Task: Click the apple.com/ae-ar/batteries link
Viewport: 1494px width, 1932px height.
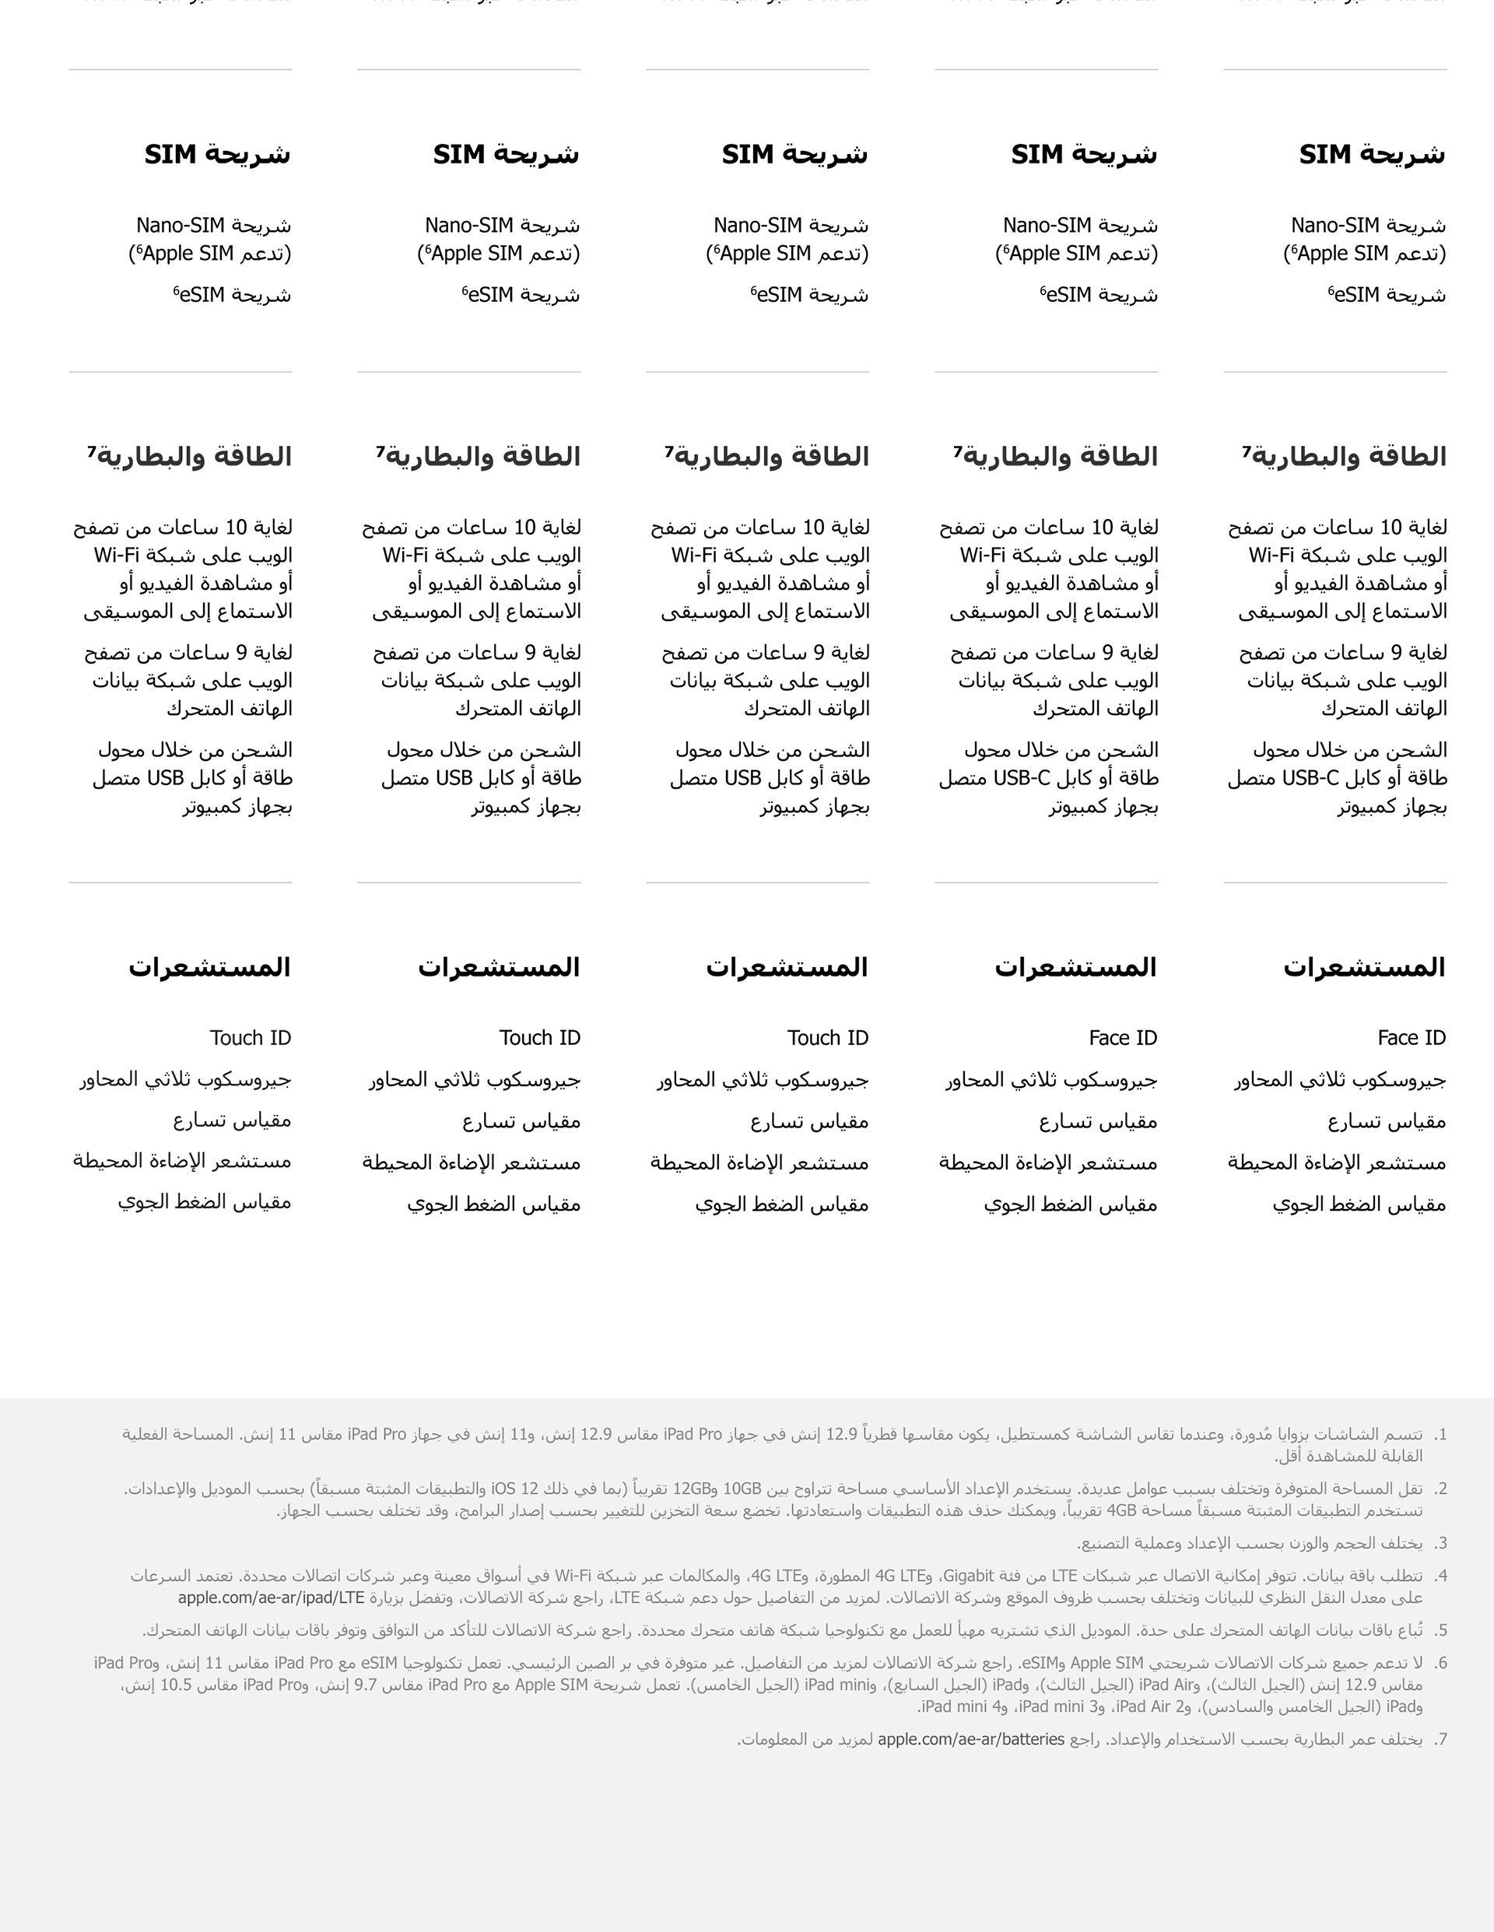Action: pyautogui.click(x=970, y=1739)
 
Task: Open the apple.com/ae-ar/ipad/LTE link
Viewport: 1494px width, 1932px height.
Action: pyautogui.click(x=271, y=1597)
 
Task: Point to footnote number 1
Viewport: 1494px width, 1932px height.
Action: pyautogui.click(x=1440, y=1434)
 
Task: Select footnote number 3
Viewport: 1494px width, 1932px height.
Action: pyautogui.click(x=1440, y=1544)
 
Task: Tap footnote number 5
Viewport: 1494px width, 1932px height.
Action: pyautogui.click(x=1440, y=1630)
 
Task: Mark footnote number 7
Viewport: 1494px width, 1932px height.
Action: pyautogui.click(x=1440, y=1739)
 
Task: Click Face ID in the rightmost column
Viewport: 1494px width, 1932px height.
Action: pyautogui.click(x=1411, y=1038)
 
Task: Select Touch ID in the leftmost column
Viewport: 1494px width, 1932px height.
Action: pyautogui.click(x=251, y=1038)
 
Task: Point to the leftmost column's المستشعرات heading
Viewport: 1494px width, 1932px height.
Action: pyautogui.click(x=209, y=967)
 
